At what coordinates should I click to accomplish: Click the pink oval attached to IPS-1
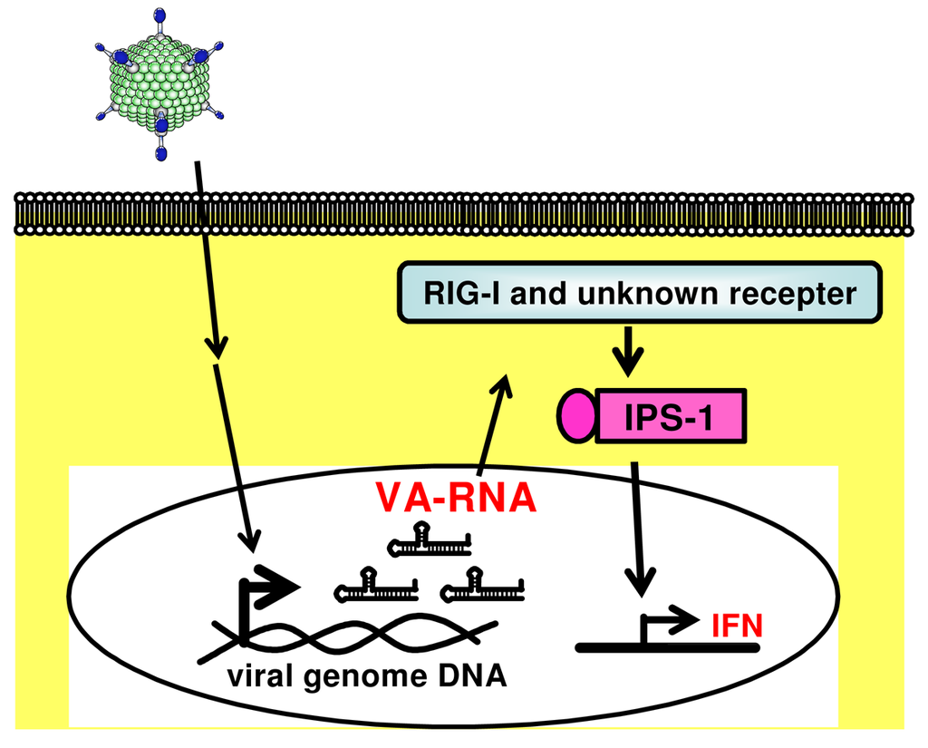(x=575, y=417)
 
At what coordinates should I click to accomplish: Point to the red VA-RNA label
(x=455, y=498)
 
